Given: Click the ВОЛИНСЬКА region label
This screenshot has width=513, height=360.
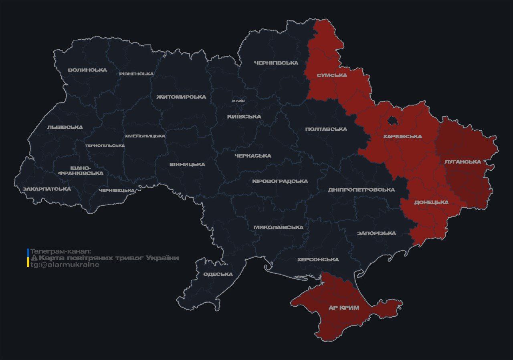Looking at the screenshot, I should click(x=87, y=70).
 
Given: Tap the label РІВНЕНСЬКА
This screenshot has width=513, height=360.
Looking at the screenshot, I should click(x=136, y=74).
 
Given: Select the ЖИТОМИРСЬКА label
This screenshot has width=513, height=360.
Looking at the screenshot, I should click(x=181, y=97).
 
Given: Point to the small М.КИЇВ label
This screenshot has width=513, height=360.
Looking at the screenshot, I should click(x=238, y=101).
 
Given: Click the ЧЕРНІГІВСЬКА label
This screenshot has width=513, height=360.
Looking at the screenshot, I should click(x=276, y=63).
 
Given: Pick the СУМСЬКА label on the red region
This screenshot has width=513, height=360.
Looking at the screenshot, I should click(x=331, y=75).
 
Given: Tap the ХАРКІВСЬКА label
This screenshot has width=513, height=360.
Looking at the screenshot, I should click(x=402, y=137).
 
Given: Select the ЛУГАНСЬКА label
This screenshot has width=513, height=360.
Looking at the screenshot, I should click(x=463, y=162).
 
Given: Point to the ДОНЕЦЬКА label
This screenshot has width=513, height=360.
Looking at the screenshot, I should click(x=431, y=202).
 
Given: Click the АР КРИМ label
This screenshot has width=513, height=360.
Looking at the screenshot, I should click(x=343, y=308).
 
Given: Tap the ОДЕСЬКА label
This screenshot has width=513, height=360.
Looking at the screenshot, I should click(x=218, y=274).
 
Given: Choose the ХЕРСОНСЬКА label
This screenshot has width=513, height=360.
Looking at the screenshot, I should click(x=318, y=260).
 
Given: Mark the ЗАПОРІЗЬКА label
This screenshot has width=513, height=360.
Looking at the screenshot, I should click(x=376, y=233).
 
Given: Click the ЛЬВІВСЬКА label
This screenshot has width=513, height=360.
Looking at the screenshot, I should click(x=65, y=127).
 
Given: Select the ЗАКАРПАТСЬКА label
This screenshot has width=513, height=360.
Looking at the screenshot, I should click(x=46, y=189).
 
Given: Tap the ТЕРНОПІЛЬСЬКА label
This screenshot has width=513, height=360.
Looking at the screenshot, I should click(x=105, y=146).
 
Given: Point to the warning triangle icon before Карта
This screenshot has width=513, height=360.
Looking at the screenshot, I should click(x=34, y=258).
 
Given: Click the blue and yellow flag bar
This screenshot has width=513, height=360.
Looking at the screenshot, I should click(x=28, y=258).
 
